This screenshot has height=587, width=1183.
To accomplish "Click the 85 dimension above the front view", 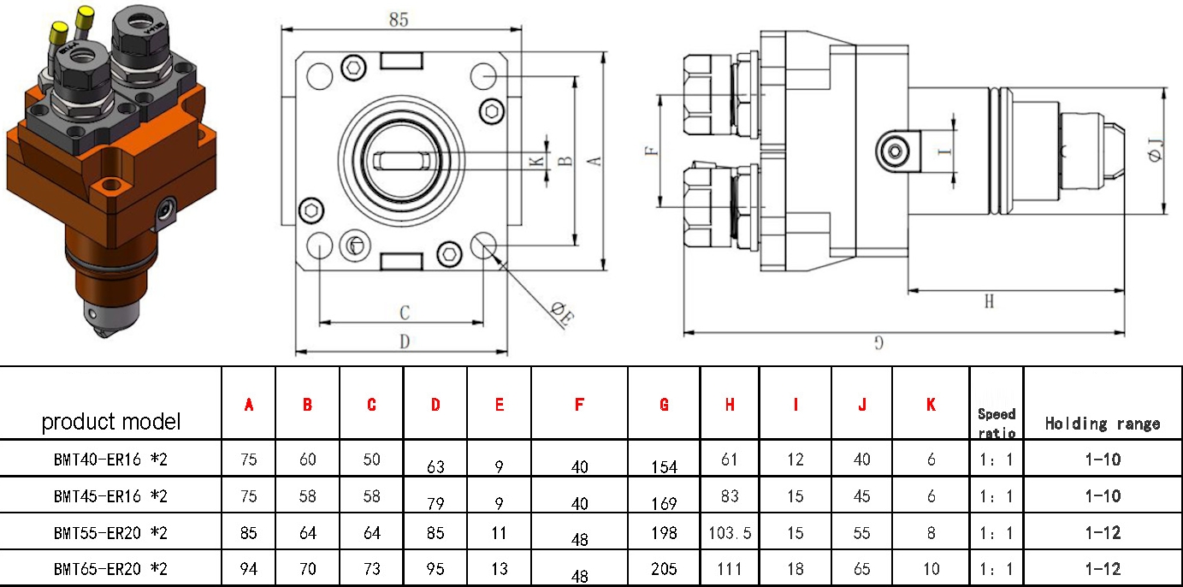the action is click(x=399, y=20).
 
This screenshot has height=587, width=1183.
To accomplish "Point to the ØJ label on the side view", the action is click(x=1155, y=149).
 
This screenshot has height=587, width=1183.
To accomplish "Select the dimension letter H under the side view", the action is click(x=989, y=302).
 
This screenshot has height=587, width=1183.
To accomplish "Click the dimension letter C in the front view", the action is click(x=405, y=313).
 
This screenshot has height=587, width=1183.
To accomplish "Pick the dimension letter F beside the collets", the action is click(x=653, y=151).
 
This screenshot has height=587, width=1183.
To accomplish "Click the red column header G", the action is click(x=664, y=405).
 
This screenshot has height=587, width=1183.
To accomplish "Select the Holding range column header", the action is click(x=1103, y=424).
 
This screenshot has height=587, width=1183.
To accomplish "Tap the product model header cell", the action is click(x=111, y=422).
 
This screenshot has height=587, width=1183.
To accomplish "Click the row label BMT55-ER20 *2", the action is click(x=110, y=532).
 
